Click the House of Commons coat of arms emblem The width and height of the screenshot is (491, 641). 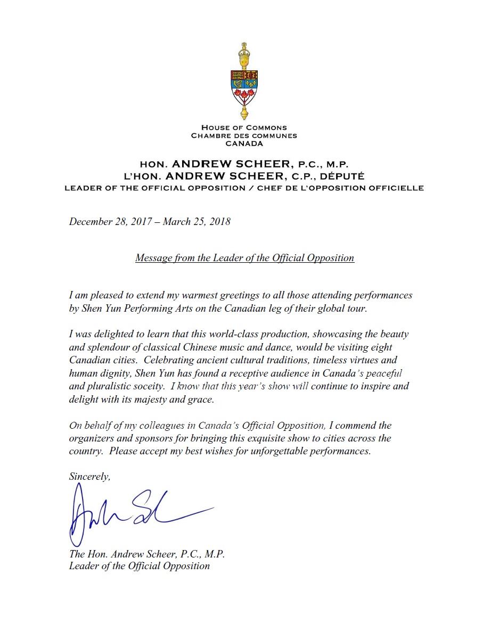[x=244, y=81]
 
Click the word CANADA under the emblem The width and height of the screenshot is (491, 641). [x=244, y=144]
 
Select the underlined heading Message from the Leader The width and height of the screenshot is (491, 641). [x=244, y=258]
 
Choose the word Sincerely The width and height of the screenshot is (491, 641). [x=89, y=477]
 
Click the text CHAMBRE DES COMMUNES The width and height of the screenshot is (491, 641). [x=244, y=136]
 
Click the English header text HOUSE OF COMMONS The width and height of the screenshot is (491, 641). [x=244, y=128]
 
